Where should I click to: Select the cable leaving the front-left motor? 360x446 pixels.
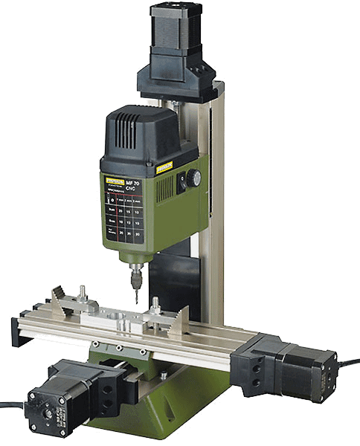pyautogui.click(x=10, y=405)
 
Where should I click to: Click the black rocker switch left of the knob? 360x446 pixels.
pyautogui.click(x=179, y=182)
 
